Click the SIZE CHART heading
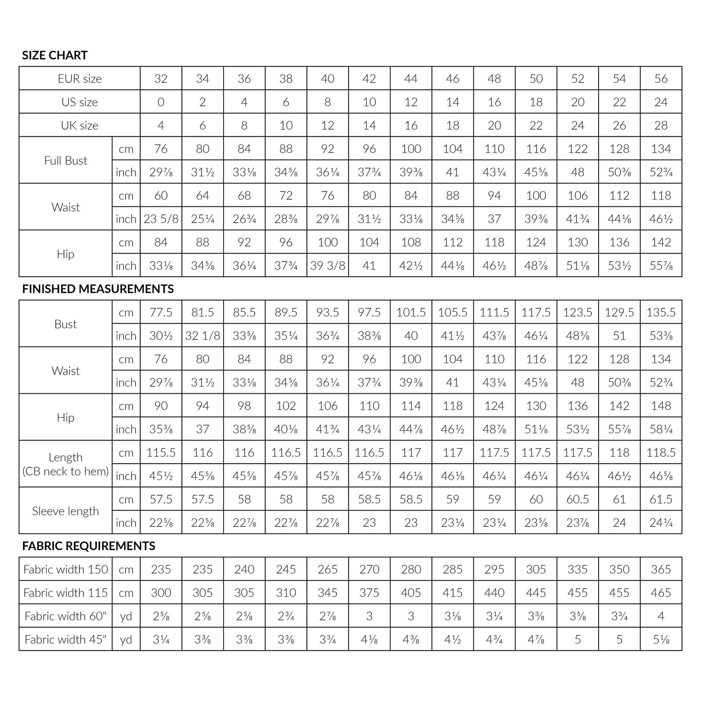coord(55,55)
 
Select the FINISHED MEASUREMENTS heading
coord(98,289)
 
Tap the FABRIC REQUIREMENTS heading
coord(89,546)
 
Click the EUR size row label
coord(80,79)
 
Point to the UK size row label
coord(80,126)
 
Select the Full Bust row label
coord(66,160)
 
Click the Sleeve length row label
coord(66,511)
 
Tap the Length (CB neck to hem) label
coord(66,464)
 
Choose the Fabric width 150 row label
coord(66,569)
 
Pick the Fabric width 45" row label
coord(66,639)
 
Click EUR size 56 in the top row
coord(661,79)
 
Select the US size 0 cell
coord(161,102)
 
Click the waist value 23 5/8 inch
coord(161,219)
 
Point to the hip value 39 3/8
coord(328,265)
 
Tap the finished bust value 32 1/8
coord(202,336)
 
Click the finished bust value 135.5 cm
coord(661,312)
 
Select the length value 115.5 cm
coord(161,452)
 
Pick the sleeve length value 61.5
coord(661,499)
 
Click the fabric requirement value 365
coord(661,569)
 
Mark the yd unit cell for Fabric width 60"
coord(126,616)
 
